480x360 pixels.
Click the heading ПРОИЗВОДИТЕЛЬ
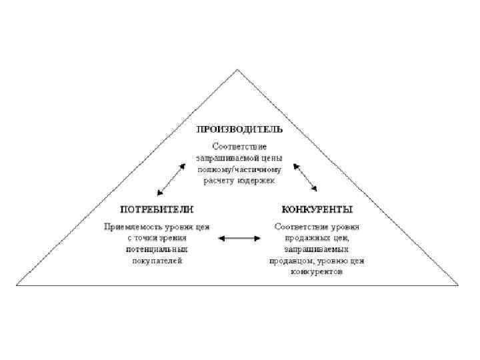[x=239, y=129]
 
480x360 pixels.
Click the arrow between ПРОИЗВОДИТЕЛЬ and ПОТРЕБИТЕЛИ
[x=171, y=179]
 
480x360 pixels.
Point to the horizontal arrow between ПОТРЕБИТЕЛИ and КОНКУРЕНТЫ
[x=239, y=237]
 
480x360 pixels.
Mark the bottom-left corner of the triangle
[x=18, y=285]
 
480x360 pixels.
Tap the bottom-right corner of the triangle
[x=458, y=285]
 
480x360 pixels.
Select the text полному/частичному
[x=239, y=169]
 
